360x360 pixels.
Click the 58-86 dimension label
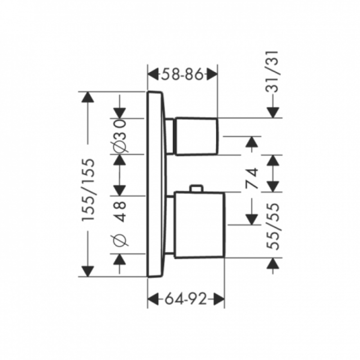tap(183, 74)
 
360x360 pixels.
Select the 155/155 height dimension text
tap(88, 189)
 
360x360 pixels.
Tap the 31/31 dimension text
tap(272, 72)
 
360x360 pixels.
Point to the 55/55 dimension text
tap(273, 226)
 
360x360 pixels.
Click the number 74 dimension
tap(252, 178)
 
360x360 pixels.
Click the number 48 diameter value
tap(120, 211)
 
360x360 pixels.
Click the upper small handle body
tap(196, 136)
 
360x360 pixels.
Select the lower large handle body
tap(199, 225)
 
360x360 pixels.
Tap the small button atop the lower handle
tap(196, 188)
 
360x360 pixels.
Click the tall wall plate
tap(156, 184)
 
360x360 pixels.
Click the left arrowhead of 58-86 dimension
tap(153, 74)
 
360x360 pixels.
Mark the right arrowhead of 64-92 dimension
tap(219, 299)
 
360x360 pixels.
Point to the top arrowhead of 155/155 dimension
tap(88, 97)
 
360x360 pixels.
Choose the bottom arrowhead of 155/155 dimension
tap(88, 271)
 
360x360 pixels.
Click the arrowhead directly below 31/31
tap(273, 112)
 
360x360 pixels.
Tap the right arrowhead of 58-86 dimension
tap(212, 74)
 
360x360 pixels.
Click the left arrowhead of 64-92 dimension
tap(153, 299)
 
